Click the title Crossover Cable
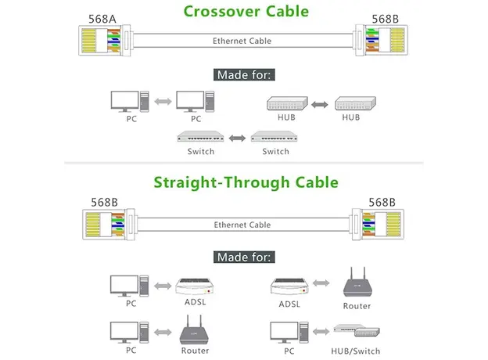246,12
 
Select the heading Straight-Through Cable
246,182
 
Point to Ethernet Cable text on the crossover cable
242,41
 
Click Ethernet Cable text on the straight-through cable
242,225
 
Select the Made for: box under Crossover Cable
243,76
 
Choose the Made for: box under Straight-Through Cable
243,257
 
